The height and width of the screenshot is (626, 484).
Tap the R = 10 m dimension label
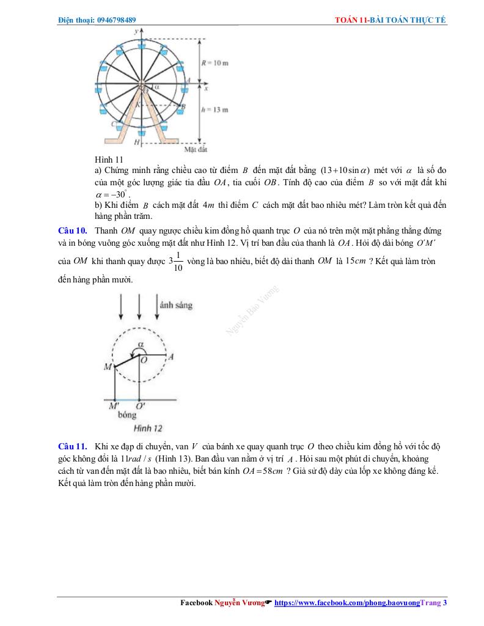215,63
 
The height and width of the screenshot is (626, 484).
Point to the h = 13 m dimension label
215,110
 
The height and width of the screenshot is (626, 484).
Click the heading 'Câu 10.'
73,231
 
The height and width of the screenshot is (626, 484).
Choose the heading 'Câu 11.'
73,446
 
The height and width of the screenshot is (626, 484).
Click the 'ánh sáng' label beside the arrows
175,304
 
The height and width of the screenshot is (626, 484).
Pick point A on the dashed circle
171,356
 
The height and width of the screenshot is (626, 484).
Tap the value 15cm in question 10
356,261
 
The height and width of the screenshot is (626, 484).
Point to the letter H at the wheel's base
136,142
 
